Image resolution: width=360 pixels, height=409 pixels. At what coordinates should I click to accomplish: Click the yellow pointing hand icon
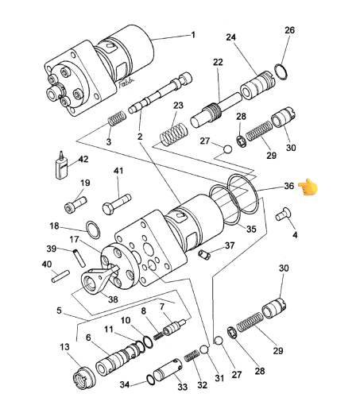click(308, 187)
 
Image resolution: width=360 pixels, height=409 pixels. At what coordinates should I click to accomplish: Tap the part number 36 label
click(289, 186)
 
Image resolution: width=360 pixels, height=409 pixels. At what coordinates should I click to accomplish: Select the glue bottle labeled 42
click(61, 165)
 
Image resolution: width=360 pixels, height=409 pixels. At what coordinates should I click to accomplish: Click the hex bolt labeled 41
click(116, 204)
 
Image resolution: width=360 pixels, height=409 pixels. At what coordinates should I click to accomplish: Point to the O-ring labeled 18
click(93, 230)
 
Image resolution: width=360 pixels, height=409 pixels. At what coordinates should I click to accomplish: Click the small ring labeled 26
click(281, 71)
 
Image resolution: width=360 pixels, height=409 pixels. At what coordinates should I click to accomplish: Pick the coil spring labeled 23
click(174, 135)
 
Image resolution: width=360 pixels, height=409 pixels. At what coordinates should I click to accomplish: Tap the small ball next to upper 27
click(227, 149)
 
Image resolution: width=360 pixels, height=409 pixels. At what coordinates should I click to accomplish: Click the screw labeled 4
click(283, 214)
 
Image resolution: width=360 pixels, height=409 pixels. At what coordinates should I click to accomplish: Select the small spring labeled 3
click(117, 118)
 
